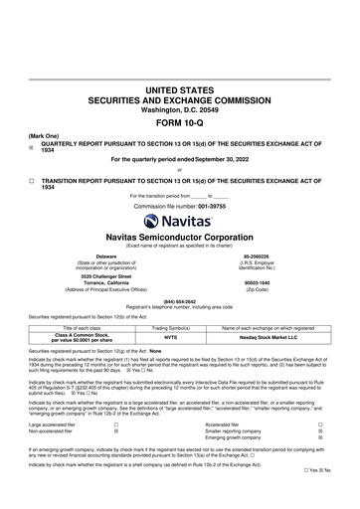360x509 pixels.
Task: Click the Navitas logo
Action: tap(179, 195)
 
